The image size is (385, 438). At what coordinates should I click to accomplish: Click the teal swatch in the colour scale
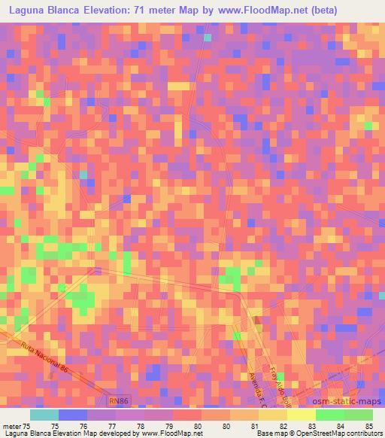44,415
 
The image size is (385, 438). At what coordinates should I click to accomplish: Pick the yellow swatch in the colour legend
302,415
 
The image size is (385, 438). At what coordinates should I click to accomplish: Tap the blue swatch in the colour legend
73,415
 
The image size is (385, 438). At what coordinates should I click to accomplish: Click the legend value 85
368,425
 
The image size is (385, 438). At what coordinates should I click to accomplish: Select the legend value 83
312,425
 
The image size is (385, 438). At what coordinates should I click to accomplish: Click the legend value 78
141,425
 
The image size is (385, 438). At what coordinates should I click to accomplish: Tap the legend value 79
169,425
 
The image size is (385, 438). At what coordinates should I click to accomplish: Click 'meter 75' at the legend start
16,425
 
